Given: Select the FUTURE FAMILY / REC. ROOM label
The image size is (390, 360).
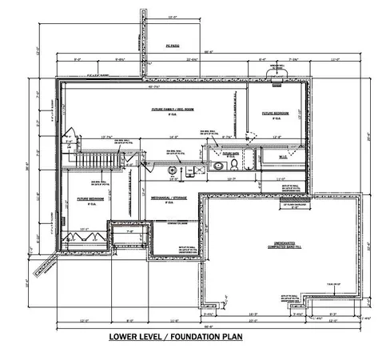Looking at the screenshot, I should pyautogui.click(x=169, y=110).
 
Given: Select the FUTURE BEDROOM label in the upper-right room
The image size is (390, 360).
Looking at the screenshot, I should pyautogui.click(x=274, y=114).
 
